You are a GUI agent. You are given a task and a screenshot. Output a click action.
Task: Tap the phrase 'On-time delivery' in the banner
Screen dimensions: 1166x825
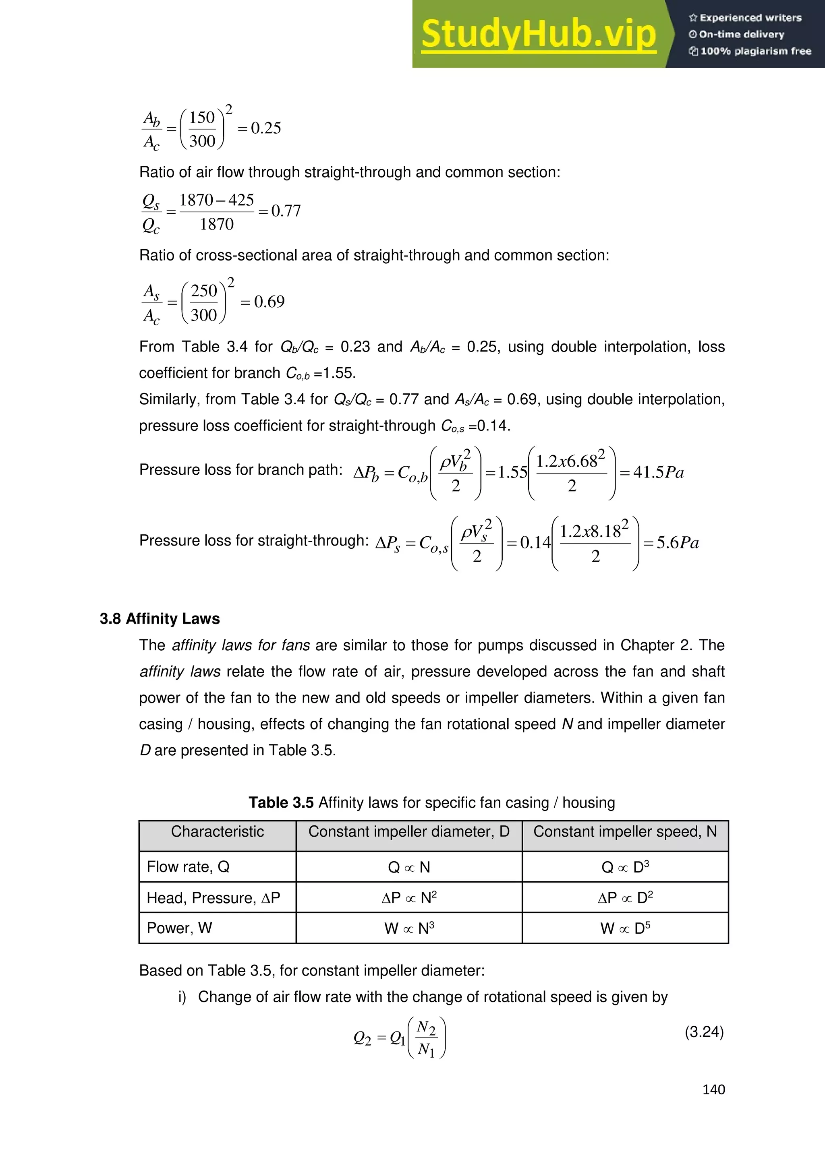point(741,35)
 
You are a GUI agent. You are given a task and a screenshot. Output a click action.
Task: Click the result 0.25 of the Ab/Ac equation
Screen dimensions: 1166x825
point(266,128)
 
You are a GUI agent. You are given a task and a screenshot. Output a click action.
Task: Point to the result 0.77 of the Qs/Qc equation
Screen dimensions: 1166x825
point(286,211)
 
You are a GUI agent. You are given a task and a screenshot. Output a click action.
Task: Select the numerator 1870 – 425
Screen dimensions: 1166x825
point(216,200)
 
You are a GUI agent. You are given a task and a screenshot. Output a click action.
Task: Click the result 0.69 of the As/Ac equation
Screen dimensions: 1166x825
point(269,302)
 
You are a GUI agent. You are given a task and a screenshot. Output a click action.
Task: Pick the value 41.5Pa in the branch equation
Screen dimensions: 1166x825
point(658,472)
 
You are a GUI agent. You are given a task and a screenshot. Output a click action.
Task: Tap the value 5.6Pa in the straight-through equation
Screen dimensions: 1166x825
point(678,543)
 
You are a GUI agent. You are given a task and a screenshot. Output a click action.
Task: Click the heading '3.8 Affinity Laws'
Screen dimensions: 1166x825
point(160,618)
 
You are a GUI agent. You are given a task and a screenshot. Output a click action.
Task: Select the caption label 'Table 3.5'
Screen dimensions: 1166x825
point(281,802)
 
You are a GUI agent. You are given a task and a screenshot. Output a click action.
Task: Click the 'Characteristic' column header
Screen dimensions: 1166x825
point(218,832)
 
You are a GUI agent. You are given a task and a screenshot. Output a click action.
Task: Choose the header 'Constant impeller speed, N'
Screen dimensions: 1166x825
point(625,832)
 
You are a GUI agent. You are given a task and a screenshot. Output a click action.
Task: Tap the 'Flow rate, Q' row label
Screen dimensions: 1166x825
point(188,867)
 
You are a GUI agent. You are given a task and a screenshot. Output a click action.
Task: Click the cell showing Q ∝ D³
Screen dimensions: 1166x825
point(625,867)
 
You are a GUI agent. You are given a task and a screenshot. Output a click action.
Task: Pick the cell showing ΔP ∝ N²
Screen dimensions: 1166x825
point(409,898)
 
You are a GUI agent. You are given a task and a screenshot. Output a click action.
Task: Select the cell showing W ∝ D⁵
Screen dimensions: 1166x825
point(625,928)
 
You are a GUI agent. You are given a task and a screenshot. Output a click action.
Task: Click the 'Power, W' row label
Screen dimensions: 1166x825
point(179,928)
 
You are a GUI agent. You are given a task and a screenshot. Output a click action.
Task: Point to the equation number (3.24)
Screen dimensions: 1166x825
point(704,1032)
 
